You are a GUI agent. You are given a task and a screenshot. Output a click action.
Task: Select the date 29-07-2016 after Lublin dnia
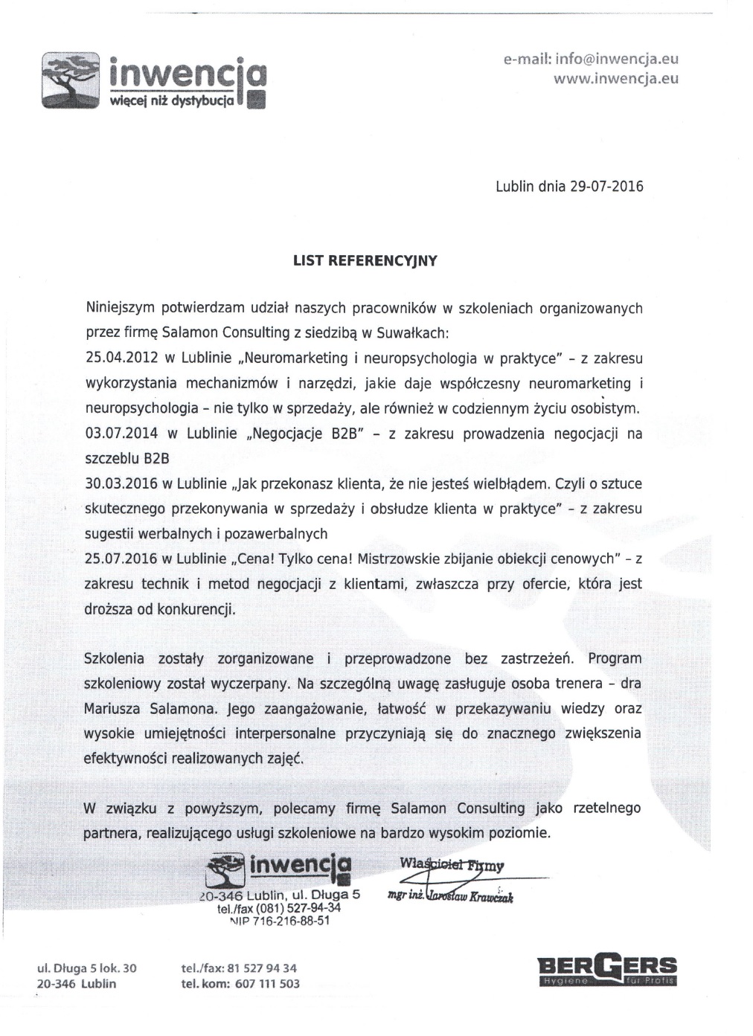click(606, 186)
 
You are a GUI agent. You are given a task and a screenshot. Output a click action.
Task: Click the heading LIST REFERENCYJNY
click(365, 260)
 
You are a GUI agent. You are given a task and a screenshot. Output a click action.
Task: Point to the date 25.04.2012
click(122, 358)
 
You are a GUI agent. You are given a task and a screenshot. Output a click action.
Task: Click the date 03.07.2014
click(122, 434)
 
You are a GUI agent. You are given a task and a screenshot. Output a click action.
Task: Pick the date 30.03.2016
click(122, 484)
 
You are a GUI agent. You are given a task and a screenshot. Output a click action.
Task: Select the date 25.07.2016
click(122, 559)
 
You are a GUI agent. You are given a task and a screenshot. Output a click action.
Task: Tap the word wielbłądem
click(510, 484)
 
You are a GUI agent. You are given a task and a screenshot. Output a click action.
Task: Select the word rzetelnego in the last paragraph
click(606, 808)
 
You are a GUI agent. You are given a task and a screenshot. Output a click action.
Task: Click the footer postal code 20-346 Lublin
click(77, 983)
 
